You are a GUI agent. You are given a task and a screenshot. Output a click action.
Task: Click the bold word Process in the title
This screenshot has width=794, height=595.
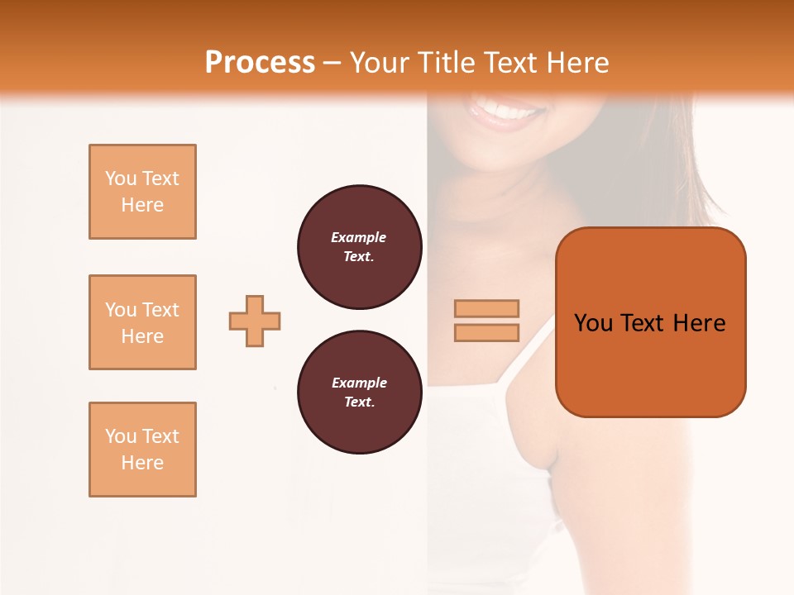(x=260, y=63)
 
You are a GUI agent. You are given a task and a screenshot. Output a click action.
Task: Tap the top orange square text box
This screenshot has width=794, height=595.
(x=142, y=192)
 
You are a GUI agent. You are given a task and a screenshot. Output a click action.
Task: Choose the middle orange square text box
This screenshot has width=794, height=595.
(x=142, y=322)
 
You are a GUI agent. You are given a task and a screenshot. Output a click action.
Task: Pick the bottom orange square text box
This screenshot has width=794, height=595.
(x=142, y=450)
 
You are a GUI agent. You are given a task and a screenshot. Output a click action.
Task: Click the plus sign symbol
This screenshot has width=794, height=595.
(x=255, y=321)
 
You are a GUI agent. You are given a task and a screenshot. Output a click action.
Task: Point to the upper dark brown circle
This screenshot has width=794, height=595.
(x=359, y=247)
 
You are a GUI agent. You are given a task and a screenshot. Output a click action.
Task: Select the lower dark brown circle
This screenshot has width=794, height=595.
(x=359, y=393)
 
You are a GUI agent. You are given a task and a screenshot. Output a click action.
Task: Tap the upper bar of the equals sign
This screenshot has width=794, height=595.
(x=486, y=308)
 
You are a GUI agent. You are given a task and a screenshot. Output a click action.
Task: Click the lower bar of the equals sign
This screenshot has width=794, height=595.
(x=486, y=332)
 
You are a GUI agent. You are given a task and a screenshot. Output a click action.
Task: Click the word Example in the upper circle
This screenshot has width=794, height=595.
(x=359, y=237)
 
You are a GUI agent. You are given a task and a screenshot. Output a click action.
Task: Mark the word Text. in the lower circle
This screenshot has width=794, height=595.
(x=359, y=402)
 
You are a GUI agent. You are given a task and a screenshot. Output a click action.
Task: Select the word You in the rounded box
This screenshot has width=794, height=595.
(x=594, y=323)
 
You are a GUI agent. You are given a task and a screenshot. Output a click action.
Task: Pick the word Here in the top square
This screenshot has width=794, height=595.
(x=142, y=205)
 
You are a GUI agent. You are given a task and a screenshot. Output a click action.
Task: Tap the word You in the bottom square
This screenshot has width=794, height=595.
(x=121, y=436)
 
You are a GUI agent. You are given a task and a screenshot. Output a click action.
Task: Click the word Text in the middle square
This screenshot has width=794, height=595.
(x=160, y=310)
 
